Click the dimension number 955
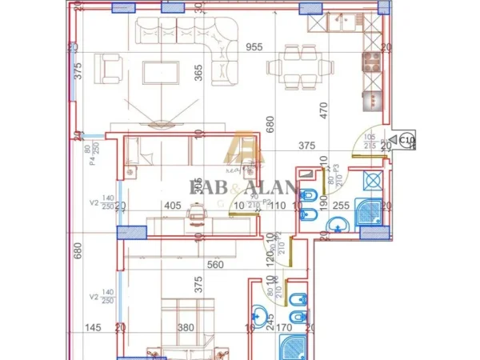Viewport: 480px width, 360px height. click(x=254, y=46)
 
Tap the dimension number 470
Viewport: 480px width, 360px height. click(x=325, y=109)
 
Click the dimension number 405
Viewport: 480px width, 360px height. click(x=172, y=206)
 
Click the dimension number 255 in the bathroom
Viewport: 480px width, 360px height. click(x=341, y=206)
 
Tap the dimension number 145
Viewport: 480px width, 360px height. click(x=94, y=327)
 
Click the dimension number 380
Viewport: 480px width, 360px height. click(x=186, y=327)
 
